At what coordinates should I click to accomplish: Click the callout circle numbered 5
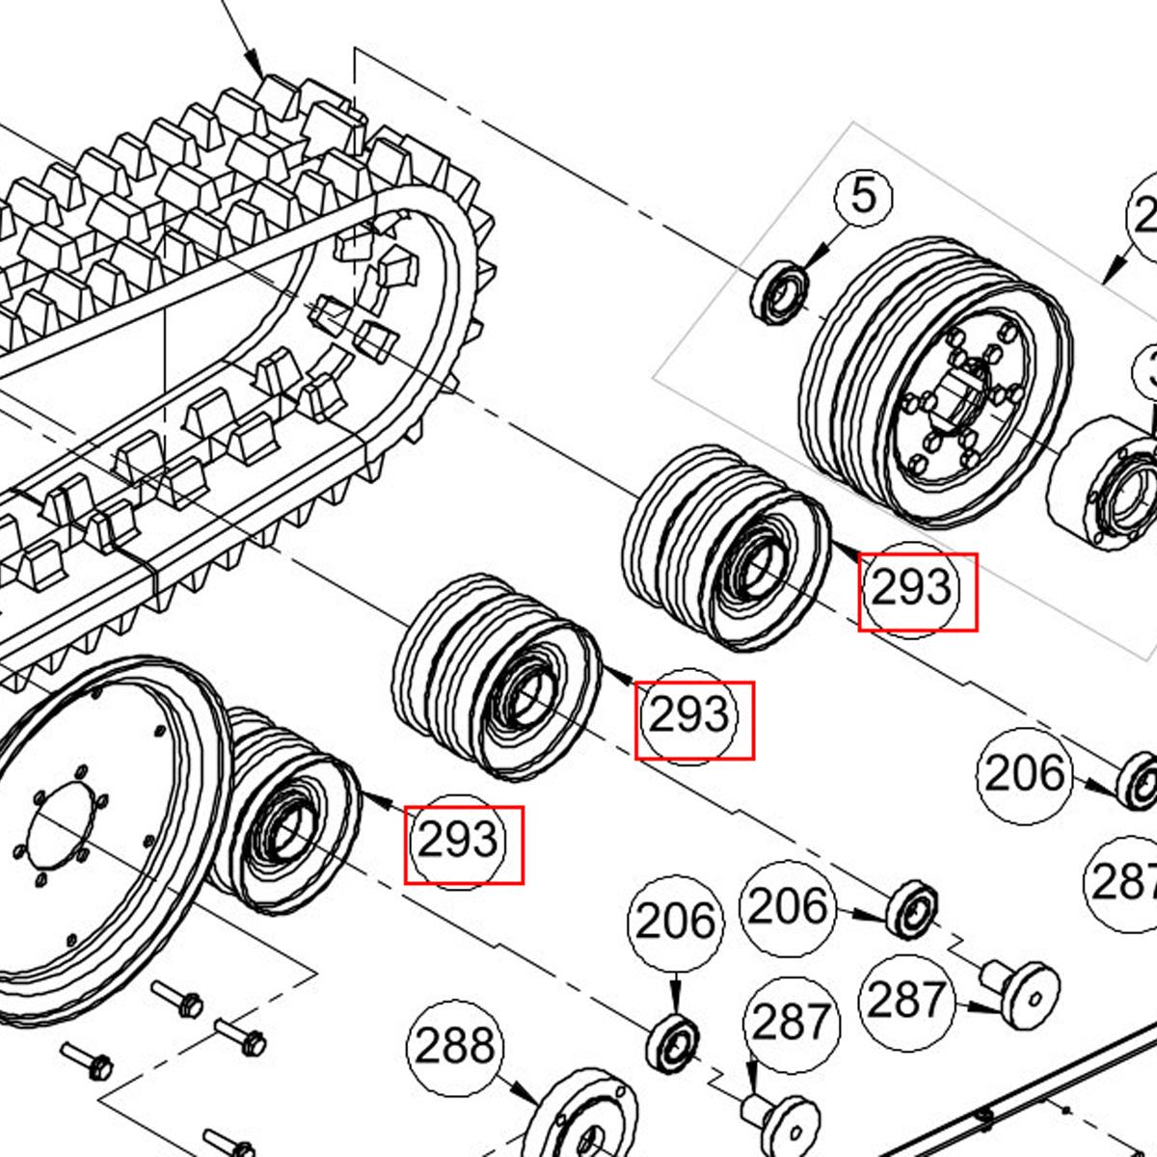click(864, 197)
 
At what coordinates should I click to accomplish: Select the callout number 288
click(456, 1045)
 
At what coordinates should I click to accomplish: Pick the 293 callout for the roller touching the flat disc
click(460, 842)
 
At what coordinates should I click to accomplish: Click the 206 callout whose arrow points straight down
click(675, 923)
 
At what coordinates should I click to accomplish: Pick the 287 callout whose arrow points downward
click(791, 1022)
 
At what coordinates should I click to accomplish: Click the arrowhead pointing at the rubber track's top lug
click(257, 68)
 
